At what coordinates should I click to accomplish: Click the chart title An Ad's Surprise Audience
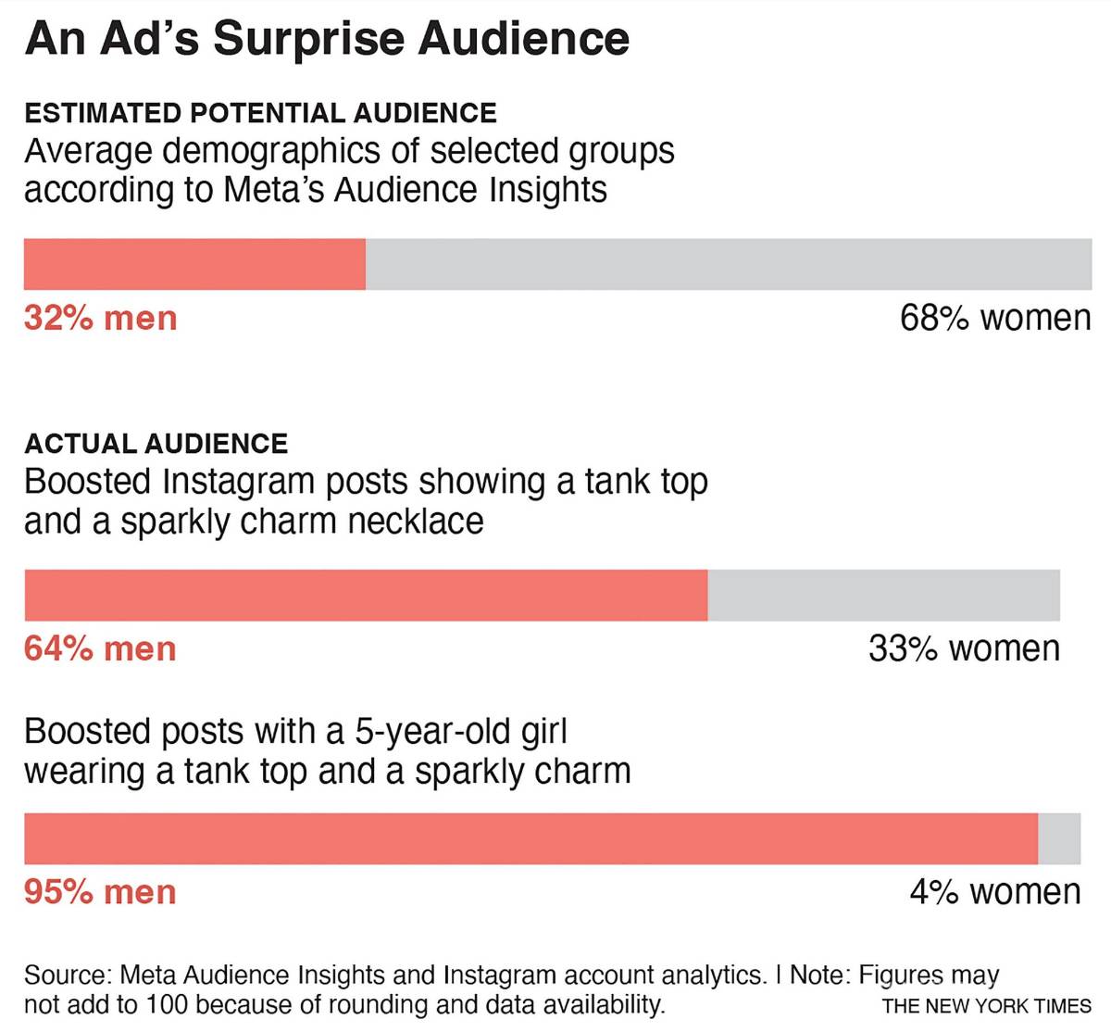tap(327, 39)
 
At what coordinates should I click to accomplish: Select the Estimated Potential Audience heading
tap(260, 113)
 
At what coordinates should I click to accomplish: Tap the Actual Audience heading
tap(156, 444)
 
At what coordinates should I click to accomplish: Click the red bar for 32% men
tap(194, 264)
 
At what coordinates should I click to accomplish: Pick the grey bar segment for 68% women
tap(729, 264)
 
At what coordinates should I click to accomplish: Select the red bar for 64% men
tap(366, 595)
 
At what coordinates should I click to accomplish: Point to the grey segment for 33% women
tap(883, 595)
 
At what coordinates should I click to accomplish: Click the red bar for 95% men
tap(531, 838)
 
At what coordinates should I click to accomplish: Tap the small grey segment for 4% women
tap(1059, 838)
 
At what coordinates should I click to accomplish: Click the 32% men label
tap(100, 319)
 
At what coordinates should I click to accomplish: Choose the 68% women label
tap(995, 319)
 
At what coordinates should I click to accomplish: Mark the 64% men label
tap(100, 649)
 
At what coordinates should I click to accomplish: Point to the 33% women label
tap(964, 649)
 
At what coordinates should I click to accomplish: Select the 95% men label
tap(100, 892)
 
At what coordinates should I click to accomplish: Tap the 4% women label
tap(995, 892)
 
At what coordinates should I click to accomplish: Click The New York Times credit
tap(987, 1006)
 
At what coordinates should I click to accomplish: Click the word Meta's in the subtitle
tap(273, 190)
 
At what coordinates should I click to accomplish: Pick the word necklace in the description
tap(416, 522)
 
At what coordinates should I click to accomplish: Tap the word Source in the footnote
tap(68, 975)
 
